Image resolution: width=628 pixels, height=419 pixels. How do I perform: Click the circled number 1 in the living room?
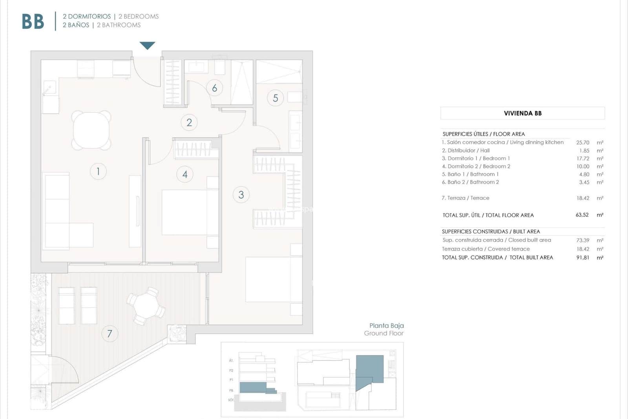tap(98, 171)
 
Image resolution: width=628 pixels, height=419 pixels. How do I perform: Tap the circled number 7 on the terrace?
tap(110, 334)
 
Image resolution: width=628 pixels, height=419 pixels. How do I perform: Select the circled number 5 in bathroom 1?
tap(275, 98)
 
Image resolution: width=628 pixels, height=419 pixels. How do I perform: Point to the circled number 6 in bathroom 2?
tap(214, 88)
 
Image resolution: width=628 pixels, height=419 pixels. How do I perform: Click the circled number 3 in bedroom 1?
tap(241, 195)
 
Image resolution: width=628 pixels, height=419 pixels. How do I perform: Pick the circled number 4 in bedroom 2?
tap(185, 174)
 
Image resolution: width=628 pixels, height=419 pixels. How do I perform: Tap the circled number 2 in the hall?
tap(189, 123)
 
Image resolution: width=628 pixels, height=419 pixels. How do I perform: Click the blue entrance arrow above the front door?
tap(147, 45)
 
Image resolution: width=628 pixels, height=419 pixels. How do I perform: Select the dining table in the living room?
tap(91, 130)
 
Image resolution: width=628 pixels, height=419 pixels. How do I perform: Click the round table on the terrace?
tap(146, 305)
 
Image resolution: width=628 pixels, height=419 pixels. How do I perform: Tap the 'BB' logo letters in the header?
tap(33, 22)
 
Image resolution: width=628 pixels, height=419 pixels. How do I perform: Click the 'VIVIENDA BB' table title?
tap(522, 113)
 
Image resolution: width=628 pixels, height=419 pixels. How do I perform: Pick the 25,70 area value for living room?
tap(582, 143)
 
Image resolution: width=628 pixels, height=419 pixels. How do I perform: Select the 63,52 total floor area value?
tap(582, 215)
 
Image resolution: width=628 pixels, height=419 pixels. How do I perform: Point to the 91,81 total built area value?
tap(582, 258)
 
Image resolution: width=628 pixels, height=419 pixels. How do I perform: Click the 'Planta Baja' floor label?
tap(386, 325)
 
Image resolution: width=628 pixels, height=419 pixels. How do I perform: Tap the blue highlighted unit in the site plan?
tap(369, 369)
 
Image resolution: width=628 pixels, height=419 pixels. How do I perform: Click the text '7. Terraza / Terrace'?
tap(466, 198)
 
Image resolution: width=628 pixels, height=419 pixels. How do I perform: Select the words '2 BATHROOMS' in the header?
tap(119, 25)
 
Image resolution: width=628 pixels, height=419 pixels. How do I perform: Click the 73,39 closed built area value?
tap(582, 240)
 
